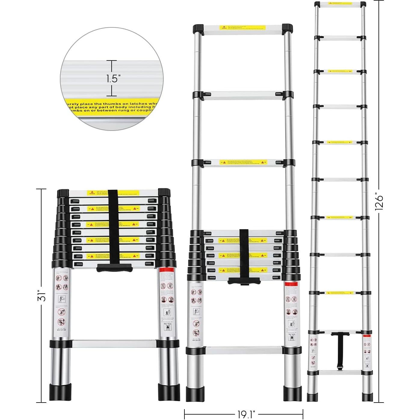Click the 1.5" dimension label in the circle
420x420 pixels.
(x=113, y=79)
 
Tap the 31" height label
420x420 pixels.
(x=43, y=295)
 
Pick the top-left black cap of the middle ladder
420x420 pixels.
(x=199, y=29)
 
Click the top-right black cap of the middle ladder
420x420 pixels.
(x=287, y=29)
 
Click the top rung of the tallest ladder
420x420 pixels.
(x=340, y=5)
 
